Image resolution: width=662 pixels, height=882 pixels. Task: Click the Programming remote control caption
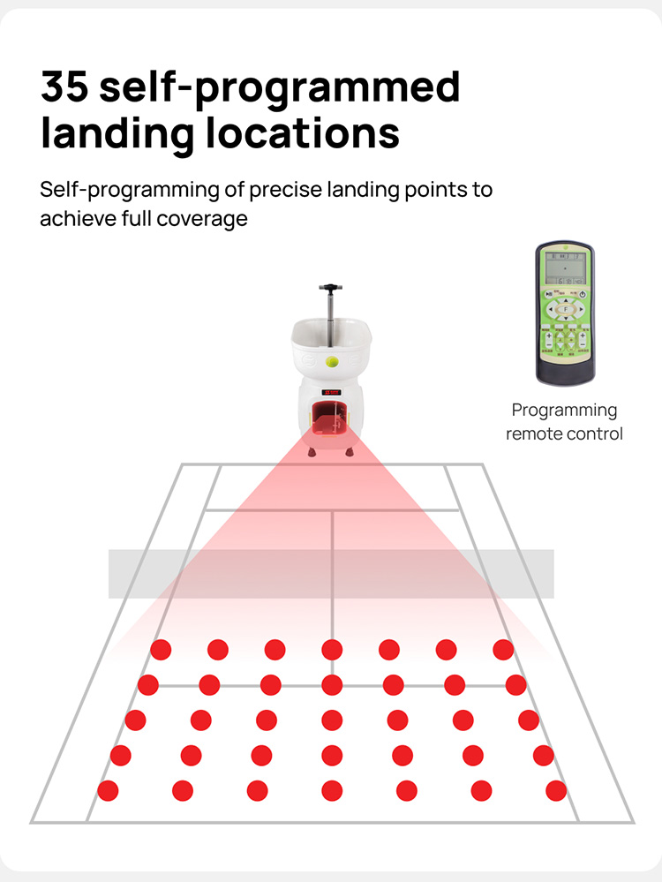[x=564, y=422]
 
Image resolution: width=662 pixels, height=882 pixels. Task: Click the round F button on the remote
[x=564, y=310]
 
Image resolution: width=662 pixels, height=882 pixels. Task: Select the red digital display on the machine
[x=332, y=392]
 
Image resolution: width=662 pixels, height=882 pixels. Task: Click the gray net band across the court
[x=331, y=573]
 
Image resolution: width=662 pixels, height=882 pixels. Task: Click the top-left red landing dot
[x=160, y=650]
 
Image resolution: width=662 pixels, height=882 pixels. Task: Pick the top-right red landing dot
[x=503, y=650]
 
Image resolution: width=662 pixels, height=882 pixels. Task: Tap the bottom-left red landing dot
[x=108, y=791]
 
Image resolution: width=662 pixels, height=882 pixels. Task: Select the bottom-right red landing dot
[x=556, y=791]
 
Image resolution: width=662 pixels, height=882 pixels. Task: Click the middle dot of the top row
[x=332, y=650]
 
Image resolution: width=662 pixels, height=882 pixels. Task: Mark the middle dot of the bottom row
[x=332, y=791]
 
